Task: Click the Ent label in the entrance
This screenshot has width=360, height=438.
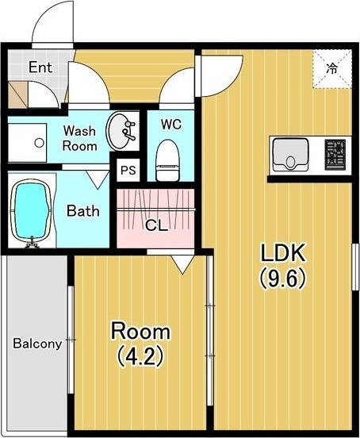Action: (x=40, y=67)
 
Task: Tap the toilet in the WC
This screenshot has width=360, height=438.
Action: (x=167, y=160)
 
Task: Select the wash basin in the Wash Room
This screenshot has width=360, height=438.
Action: (x=121, y=131)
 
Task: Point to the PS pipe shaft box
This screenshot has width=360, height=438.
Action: (x=128, y=170)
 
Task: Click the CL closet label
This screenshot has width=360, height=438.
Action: (x=156, y=225)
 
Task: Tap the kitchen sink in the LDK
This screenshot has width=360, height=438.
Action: (x=290, y=155)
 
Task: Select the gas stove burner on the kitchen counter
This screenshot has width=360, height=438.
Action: (x=335, y=155)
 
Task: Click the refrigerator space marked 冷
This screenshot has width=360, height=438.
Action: (x=331, y=69)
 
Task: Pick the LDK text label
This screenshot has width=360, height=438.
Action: (x=282, y=252)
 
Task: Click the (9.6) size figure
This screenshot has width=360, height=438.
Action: (x=282, y=279)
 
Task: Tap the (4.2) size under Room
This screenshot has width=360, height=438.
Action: (x=140, y=356)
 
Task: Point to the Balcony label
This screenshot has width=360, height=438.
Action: (x=37, y=344)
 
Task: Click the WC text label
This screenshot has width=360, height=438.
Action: (x=170, y=125)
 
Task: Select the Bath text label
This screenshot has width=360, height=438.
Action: (x=83, y=211)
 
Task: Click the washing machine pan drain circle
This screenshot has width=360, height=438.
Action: (x=39, y=143)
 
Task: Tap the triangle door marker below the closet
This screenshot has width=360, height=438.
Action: (x=182, y=264)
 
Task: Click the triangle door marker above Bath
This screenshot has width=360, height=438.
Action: (x=98, y=180)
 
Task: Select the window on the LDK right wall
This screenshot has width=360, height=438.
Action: (x=355, y=267)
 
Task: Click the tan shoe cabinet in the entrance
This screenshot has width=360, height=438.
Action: (x=18, y=94)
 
